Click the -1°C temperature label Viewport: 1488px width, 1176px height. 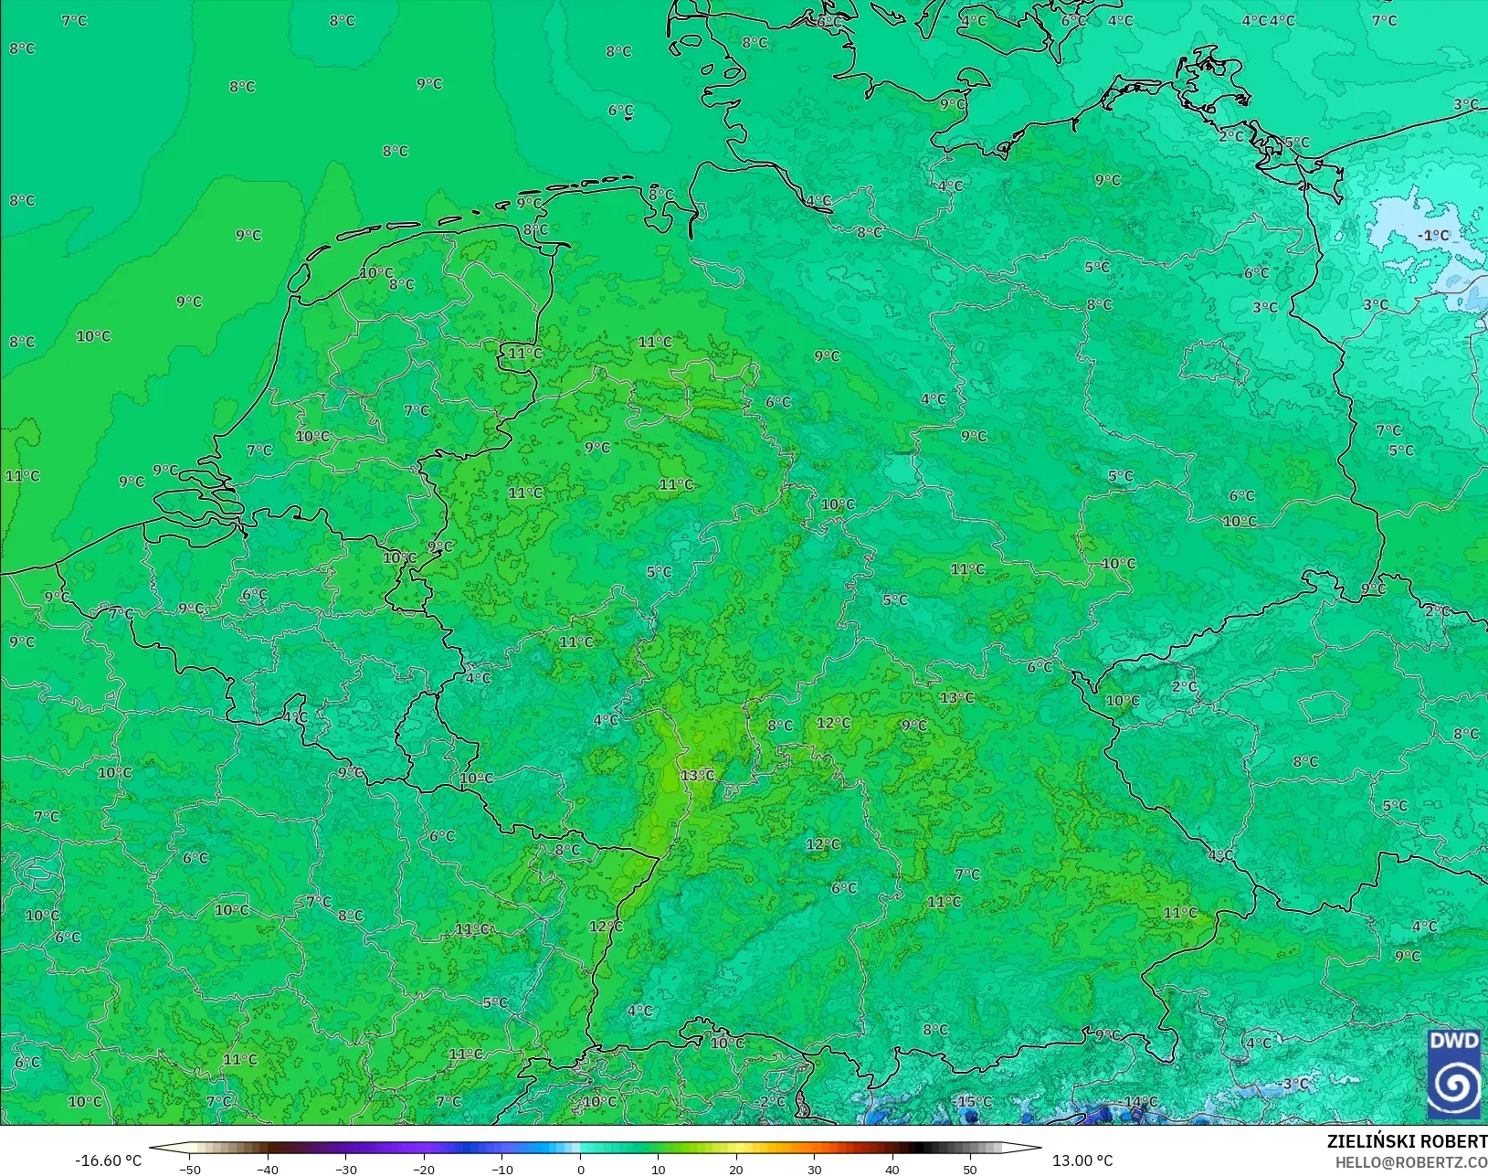pyautogui.click(x=1433, y=235)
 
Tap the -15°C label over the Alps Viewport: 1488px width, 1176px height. pyautogui.click(x=973, y=1102)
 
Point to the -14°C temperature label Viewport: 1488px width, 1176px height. pyautogui.click(x=1139, y=1102)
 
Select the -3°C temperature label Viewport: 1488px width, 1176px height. pyautogui.click(x=1294, y=1084)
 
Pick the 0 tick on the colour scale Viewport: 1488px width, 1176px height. pyautogui.click(x=581, y=1169)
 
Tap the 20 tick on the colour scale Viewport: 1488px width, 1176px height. pyautogui.click(x=736, y=1169)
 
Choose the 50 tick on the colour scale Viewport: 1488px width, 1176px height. pyautogui.click(x=970, y=1169)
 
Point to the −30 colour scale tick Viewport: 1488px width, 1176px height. pyautogui.click(x=345, y=1169)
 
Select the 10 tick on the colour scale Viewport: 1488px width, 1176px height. pyautogui.click(x=659, y=1169)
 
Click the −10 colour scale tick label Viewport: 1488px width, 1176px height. pyautogui.click(x=501, y=1169)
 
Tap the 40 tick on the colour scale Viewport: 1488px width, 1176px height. pyautogui.click(x=892, y=1169)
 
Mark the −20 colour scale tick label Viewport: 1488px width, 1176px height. pyautogui.click(x=423, y=1169)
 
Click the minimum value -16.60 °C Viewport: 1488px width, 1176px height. pyautogui.click(x=108, y=1160)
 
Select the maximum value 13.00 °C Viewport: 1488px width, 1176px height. pyautogui.click(x=1082, y=1160)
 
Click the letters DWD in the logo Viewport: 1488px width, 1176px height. pyautogui.click(x=1453, y=1042)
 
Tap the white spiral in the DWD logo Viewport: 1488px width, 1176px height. pyautogui.click(x=1454, y=1085)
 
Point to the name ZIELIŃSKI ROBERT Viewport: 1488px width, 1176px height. pyautogui.click(x=1407, y=1141)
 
